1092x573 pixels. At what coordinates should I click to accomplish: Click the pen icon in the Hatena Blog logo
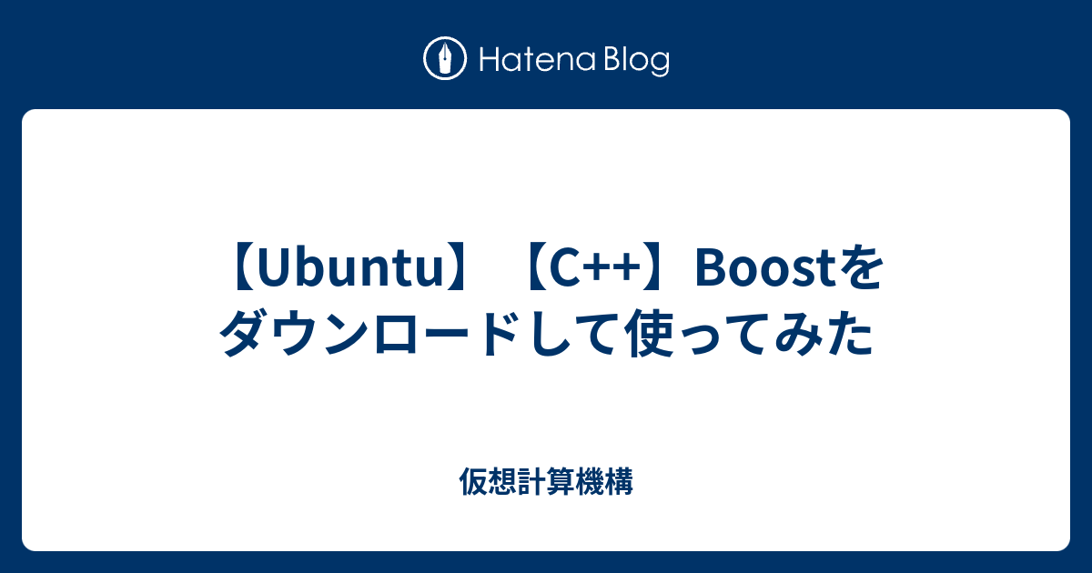(446, 60)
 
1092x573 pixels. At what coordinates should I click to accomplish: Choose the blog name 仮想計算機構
(546, 482)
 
